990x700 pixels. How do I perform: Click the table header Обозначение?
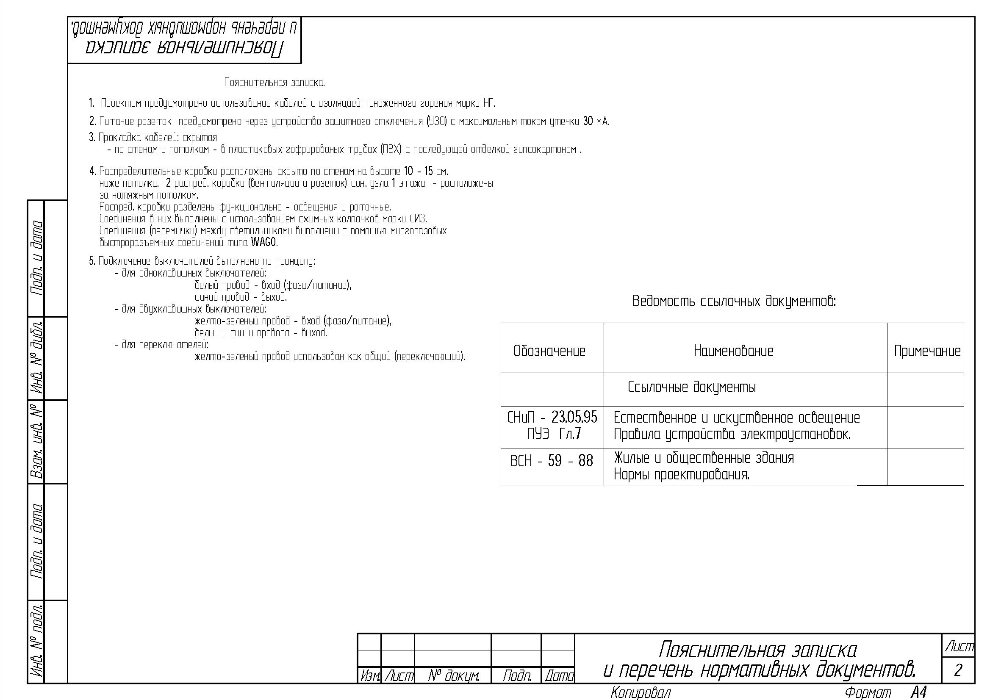click(549, 351)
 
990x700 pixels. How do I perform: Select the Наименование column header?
click(733, 351)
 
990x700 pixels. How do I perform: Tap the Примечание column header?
click(927, 351)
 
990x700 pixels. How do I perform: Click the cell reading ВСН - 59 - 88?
click(552, 461)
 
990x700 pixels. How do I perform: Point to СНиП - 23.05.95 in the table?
click(552, 417)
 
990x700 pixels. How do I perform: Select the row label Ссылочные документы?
click(692, 387)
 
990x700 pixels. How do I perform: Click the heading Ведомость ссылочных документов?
click(734, 301)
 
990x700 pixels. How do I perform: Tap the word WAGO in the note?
click(264, 242)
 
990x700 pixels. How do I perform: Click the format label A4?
click(919, 693)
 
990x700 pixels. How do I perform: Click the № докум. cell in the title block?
click(453, 676)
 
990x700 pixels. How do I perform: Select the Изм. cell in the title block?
click(369, 676)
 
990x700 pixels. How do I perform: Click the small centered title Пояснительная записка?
click(274, 82)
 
